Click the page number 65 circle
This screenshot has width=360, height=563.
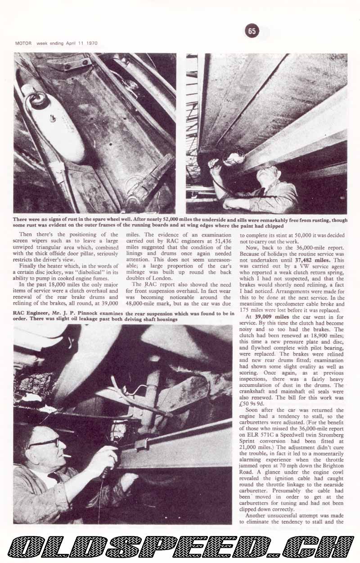pyautogui.click(x=252, y=31)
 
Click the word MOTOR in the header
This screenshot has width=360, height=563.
pyautogui.click(x=22, y=44)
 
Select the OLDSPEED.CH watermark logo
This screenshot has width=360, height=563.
pyautogui.click(x=180, y=546)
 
